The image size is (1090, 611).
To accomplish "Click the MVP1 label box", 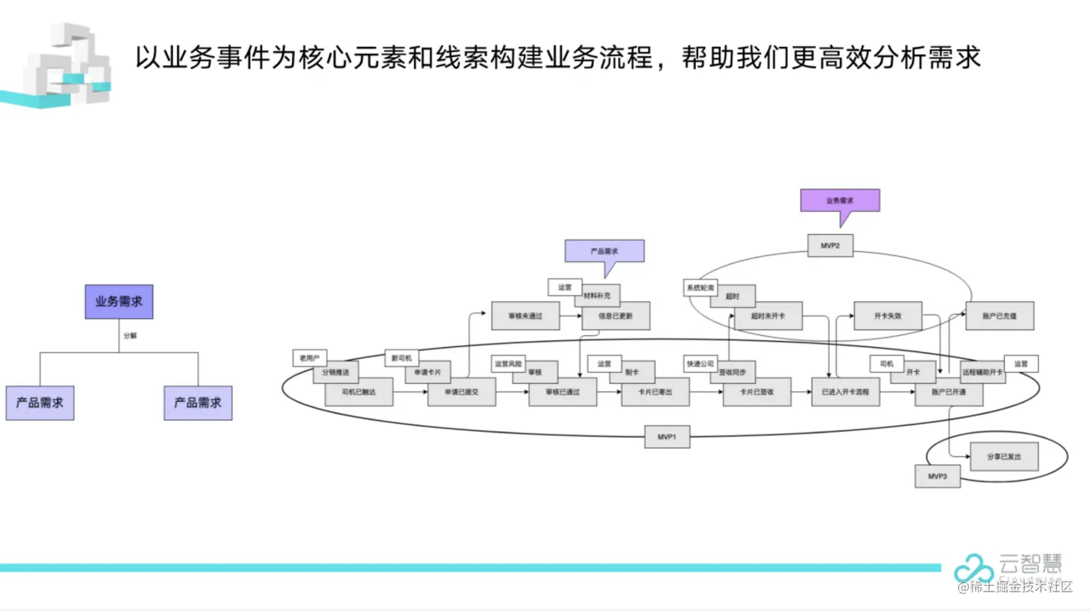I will coord(667,437).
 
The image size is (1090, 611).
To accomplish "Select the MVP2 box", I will coord(830,246).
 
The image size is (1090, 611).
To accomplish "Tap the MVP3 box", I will coord(937,476).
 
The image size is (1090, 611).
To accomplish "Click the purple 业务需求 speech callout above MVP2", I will coord(840,200).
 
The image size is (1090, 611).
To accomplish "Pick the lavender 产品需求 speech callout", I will coord(604,251).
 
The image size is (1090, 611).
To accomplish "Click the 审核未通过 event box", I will coord(525,316).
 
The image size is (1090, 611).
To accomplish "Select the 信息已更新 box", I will coord(616,316).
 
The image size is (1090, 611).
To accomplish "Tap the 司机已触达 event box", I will coord(358,392).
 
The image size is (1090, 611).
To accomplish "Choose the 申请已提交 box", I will coord(461,392).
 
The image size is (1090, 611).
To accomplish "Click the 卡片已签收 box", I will coord(757,392).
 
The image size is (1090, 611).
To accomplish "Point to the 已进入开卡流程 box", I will coord(845,392).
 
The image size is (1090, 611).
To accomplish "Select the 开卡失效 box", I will coord(887,316).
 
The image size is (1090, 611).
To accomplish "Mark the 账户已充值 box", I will coord(999,316).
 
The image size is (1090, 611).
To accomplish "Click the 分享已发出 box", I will coord(1003,457).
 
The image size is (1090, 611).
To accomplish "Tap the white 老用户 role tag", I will coord(309,357).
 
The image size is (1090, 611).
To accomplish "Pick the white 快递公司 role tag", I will coord(700,364).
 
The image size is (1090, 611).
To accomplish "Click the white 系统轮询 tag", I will coord(700,287).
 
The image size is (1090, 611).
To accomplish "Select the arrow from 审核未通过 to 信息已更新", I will coord(570,316).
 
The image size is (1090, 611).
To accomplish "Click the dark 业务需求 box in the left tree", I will coord(119,301).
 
